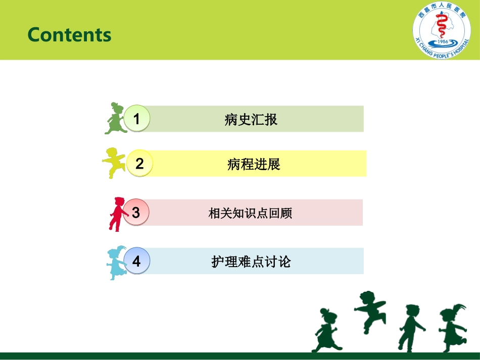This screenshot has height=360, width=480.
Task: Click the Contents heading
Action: [70, 34]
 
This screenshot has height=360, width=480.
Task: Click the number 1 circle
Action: [137, 118]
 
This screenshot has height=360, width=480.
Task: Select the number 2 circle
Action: [139, 163]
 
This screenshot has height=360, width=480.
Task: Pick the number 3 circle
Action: [136, 212]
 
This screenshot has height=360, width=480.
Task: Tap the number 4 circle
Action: [136, 261]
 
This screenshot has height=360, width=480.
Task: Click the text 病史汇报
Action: [251, 119]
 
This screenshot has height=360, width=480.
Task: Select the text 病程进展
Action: [254, 164]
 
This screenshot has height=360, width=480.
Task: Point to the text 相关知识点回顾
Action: [250, 213]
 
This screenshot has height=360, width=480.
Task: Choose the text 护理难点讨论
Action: [251, 262]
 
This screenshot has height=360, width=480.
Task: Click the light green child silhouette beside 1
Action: [116, 118]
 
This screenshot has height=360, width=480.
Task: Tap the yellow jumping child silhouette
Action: [114, 163]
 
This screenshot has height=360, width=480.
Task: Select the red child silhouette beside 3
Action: [118, 214]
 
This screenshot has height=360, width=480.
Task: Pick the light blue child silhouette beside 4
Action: [117, 263]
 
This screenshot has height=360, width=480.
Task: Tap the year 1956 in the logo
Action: [443, 41]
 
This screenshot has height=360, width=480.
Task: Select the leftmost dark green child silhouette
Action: [326, 330]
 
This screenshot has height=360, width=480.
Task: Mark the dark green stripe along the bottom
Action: [240, 356]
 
